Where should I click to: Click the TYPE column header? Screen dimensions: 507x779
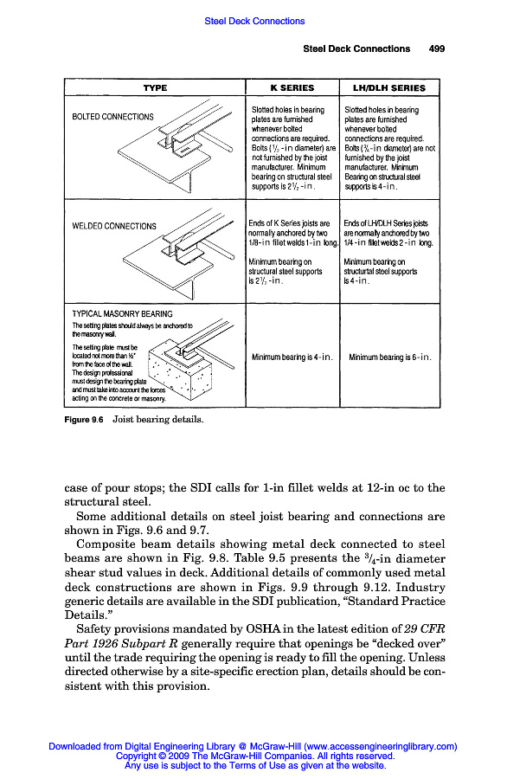[155, 88]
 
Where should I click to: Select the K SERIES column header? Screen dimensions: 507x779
[292, 88]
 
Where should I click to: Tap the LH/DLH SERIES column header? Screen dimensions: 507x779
[389, 88]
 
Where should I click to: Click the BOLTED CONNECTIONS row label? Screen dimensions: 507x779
[112, 117]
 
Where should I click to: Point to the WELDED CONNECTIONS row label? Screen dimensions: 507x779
[114, 226]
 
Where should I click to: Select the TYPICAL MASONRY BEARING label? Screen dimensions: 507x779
[122, 314]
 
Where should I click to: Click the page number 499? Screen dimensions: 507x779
[437, 48]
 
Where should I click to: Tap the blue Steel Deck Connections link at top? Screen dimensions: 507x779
[254, 21]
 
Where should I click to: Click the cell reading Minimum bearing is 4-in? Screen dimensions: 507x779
[292, 357]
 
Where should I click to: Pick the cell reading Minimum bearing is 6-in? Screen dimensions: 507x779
[390, 357]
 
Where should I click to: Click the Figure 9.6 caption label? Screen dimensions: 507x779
[84, 420]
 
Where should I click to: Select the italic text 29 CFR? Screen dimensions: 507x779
[425, 629]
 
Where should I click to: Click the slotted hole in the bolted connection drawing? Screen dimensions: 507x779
[183, 149]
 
